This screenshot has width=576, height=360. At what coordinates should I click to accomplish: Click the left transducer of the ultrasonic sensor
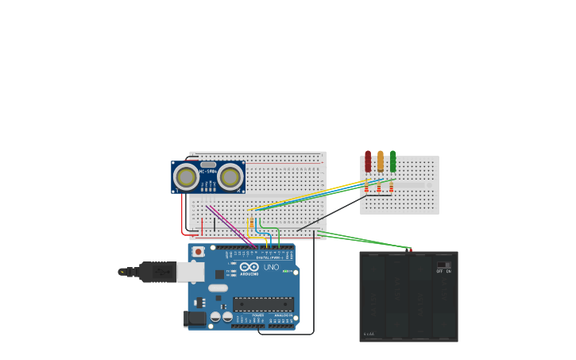click(x=187, y=176)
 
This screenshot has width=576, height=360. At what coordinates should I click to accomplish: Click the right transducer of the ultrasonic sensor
click(x=231, y=176)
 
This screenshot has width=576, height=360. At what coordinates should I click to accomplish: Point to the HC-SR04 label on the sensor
click(x=208, y=172)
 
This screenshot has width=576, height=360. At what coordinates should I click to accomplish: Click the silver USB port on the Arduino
click(x=190, y=272)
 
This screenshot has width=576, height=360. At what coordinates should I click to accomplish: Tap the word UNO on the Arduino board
click(x=272, y=267)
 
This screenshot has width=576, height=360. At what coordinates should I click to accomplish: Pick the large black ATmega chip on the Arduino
click(x=263, y=304)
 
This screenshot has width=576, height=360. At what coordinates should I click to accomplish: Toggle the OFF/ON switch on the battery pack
click(x=443, y=265)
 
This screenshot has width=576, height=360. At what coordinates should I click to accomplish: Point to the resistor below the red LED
click(x=366, y=188)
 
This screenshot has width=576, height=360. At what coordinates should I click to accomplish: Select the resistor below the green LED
click(x=392, y=188)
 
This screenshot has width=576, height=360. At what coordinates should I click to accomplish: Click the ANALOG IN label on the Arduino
click(x=283, y=315)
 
